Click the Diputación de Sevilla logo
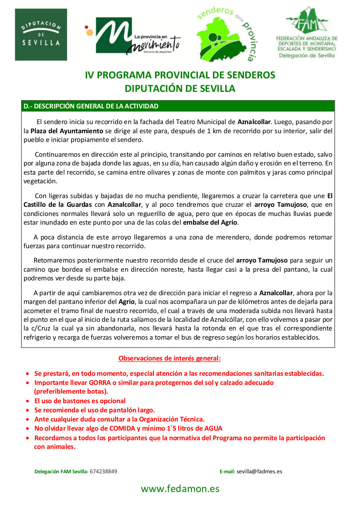pyautogui.click(x=41, y=35)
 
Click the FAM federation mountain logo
pyautogui.click(x=307, y=33)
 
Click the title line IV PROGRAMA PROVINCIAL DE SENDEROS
pyautogui.click(x=180, y=75)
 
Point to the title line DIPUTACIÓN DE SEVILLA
pyautogui.click(x=180, y=88)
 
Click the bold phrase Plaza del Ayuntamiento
pyautogui.click(x=67, y=131)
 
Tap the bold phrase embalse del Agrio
pyautogui.click(x=210, y=222)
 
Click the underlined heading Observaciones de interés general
pyautogui.click(x=170, y=358)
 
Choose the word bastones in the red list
pyautogui.click(x=73, y=401)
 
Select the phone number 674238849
pyautogui.click(x=103, y=471)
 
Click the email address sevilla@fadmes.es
pyautogui.click(x=259, y=471)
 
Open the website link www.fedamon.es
pyautogui.click(x=180, y=489)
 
